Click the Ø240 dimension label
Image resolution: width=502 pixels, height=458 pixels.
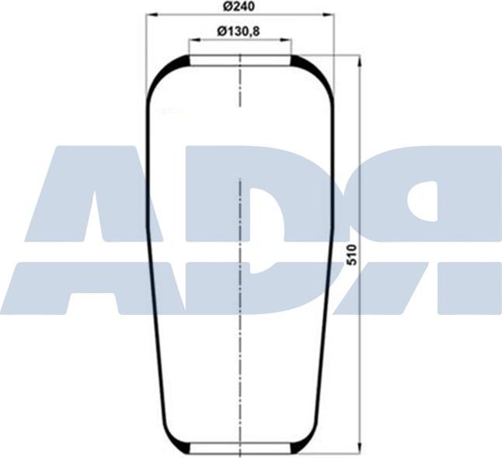click(239, 6)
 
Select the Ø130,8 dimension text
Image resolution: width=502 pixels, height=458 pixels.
click(239, 31)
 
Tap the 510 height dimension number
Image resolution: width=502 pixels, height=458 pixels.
click(350, 255)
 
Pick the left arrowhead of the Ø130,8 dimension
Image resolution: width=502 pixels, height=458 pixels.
click(193, 40)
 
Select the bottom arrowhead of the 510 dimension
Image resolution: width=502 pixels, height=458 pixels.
click(360, 446)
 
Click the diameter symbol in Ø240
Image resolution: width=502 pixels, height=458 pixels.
click(225, 6)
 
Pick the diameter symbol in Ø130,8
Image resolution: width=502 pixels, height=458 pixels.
click(221, 31)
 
